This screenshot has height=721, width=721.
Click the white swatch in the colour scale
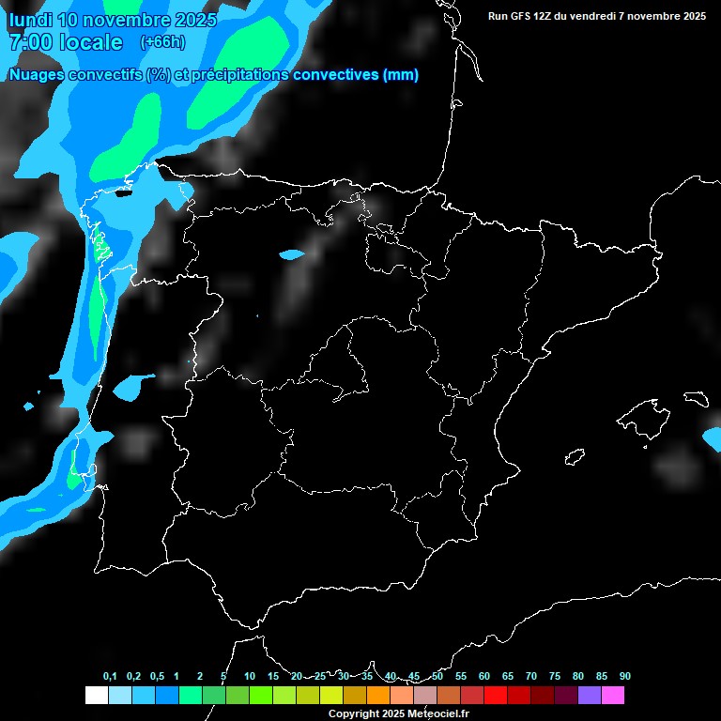(96, 696)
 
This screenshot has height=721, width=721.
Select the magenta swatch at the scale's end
(613, 696)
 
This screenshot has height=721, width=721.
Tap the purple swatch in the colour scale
(590, 696)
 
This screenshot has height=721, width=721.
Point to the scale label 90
(624, 676)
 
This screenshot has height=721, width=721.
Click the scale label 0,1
(110, 676)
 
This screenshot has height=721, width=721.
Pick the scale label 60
(484, 676)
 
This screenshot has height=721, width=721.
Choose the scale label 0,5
(156, 676)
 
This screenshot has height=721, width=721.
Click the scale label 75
(555, 676)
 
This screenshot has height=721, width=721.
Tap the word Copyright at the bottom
(353, 714)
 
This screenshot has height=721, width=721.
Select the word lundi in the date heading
(30, 20)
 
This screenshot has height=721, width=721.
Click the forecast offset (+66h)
(162, 42)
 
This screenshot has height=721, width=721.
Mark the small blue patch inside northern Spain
(293, 253)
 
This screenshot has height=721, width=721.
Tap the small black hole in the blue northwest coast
(122, 194)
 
